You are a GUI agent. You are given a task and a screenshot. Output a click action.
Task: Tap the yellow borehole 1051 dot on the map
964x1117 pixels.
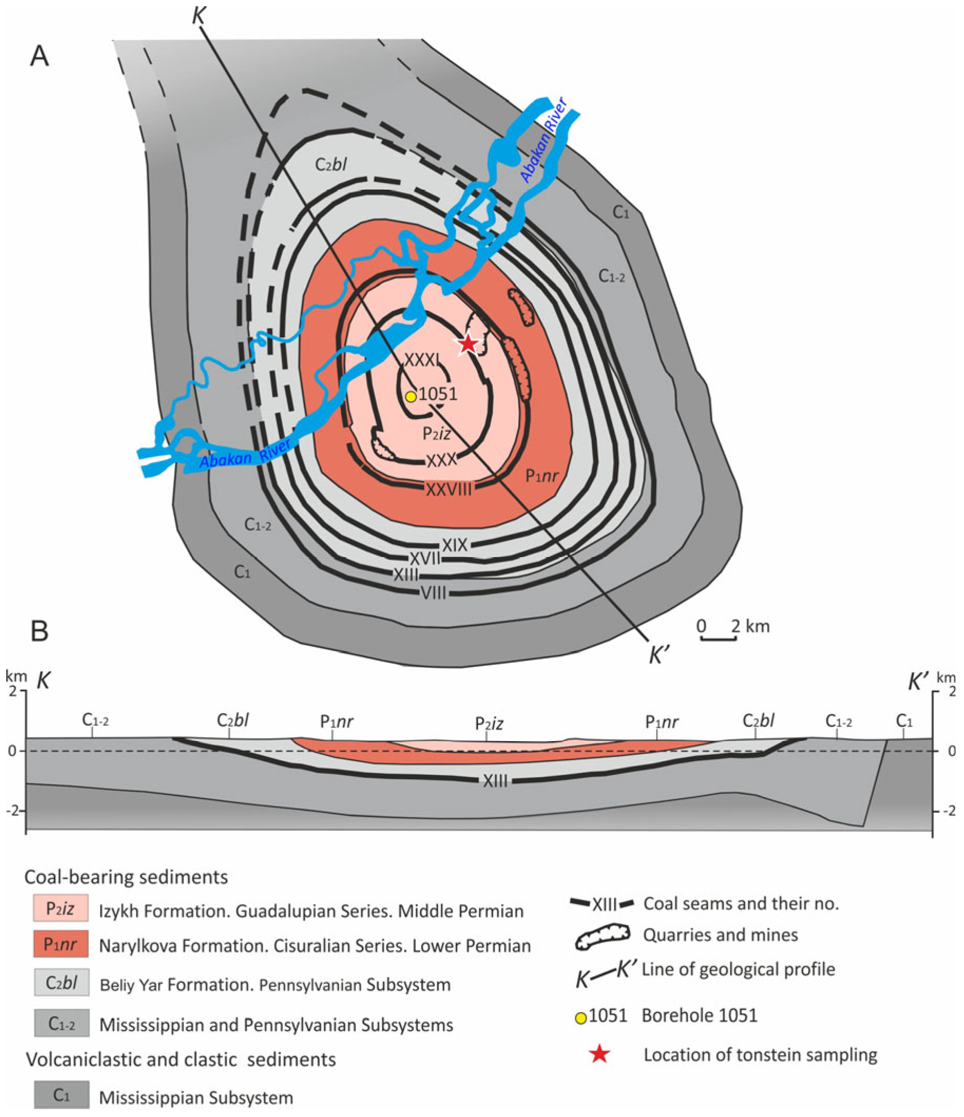411,397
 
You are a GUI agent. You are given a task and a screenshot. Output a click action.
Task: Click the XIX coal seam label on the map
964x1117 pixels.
454,545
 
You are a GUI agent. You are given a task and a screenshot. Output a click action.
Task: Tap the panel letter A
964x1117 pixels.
40,56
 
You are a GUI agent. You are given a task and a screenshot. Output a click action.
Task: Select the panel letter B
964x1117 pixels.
40,632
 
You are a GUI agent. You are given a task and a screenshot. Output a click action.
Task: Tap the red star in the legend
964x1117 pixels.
599,1054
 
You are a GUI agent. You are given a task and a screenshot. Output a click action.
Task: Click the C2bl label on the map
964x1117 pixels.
330,164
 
